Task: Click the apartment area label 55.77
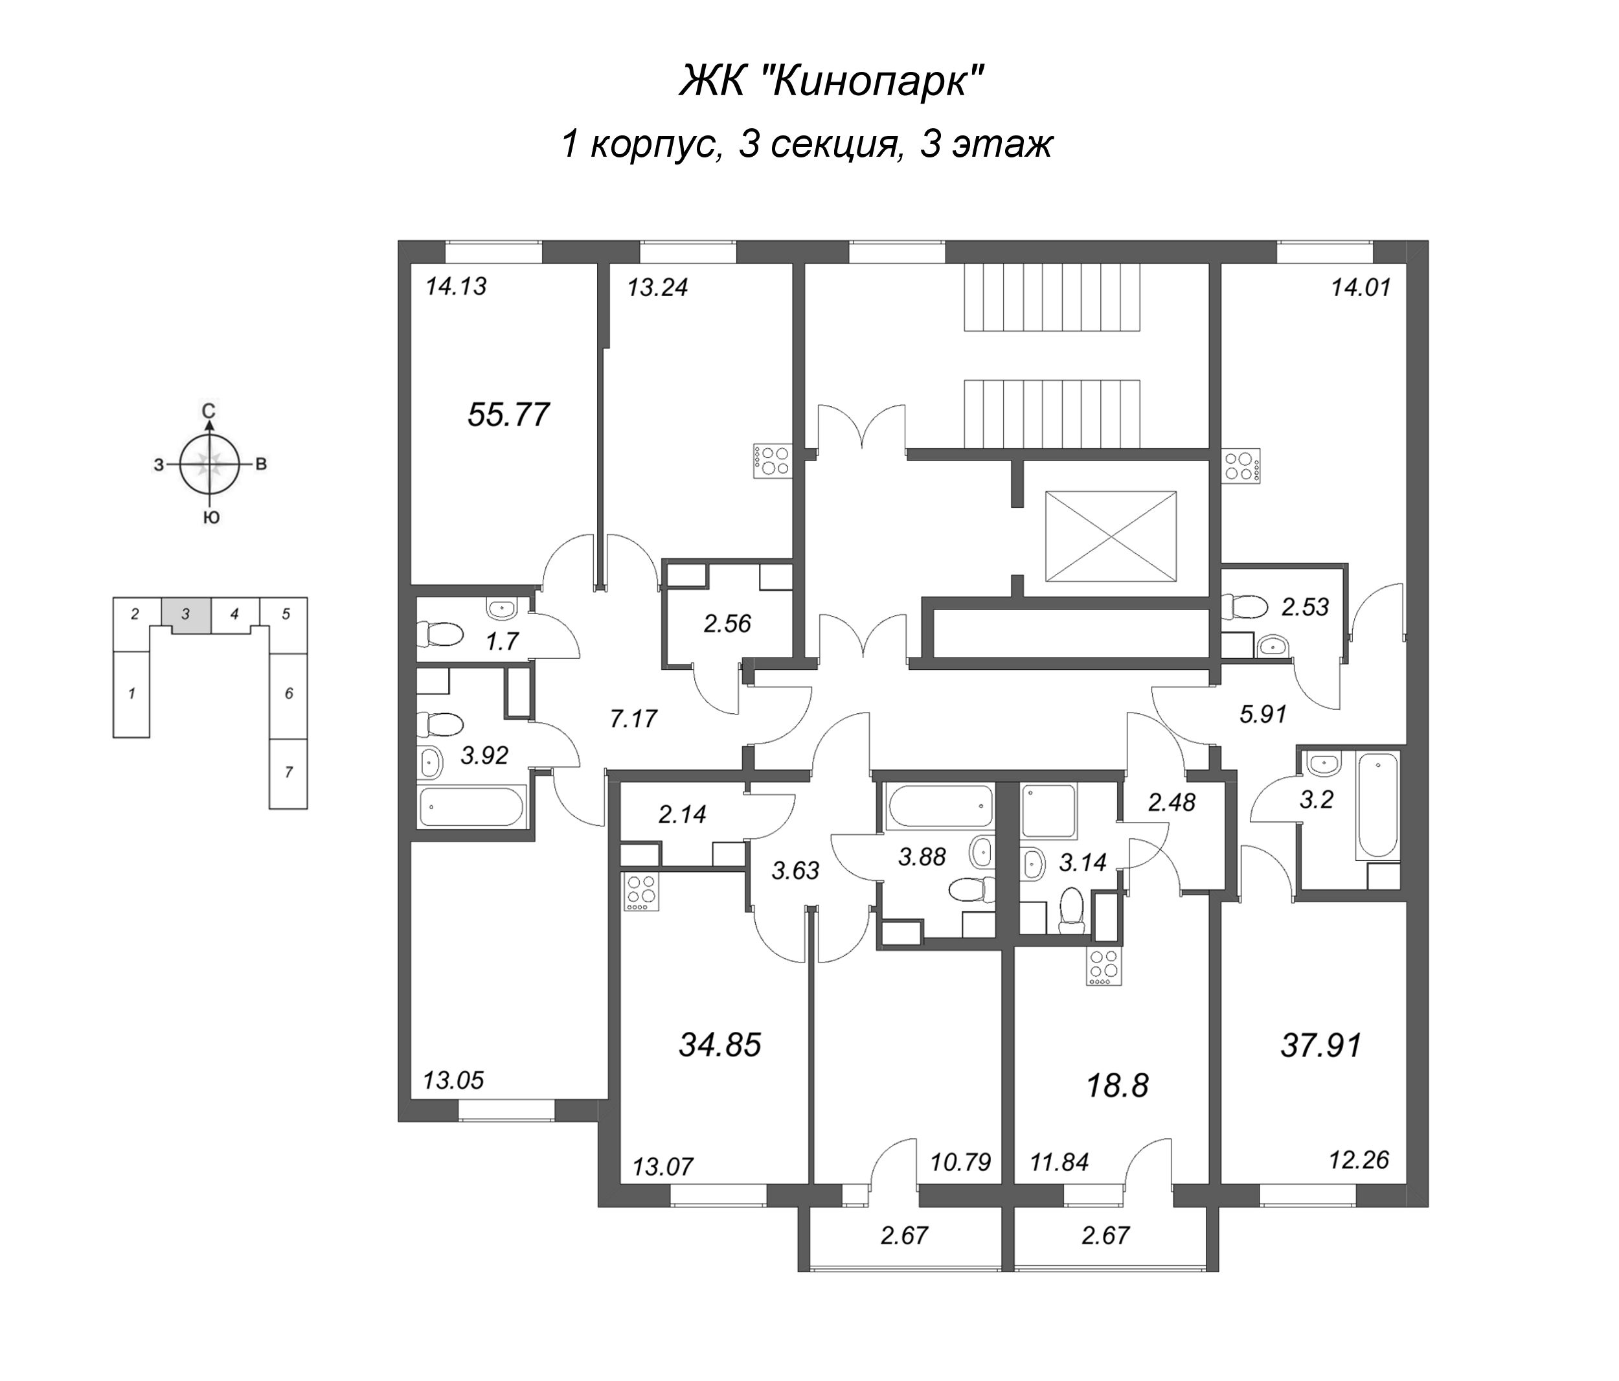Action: [x=508, y=414]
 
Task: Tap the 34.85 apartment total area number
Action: [x=719, y=1045]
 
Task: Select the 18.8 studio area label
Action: [x=1117, y=1086]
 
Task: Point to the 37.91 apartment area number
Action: [x=1320, y=1045]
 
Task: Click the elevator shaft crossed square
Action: [x=1111, y=536]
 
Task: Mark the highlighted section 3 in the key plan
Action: [x=185, y=614]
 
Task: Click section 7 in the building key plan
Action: [x=288, y=772]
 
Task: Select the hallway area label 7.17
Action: [x=634, y=718]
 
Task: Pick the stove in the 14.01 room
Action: [x=1241, y=466]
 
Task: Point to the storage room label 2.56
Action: [x=727, y=624]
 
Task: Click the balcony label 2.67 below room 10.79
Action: [x=904, y=1236]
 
